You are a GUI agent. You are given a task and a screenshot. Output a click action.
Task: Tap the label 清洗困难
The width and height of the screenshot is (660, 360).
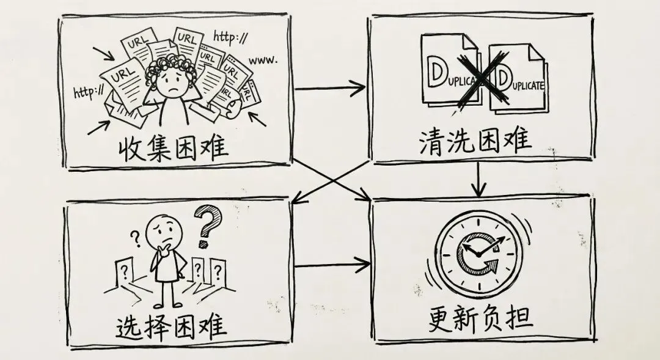pos(475,140)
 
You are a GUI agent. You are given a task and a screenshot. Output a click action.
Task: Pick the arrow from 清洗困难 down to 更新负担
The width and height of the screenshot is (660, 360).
pos(481,180)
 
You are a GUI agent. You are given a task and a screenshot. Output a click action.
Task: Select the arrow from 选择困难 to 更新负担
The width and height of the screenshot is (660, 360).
pos(331,265)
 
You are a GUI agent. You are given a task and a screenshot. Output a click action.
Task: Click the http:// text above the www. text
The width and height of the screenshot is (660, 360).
pos(231,36)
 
